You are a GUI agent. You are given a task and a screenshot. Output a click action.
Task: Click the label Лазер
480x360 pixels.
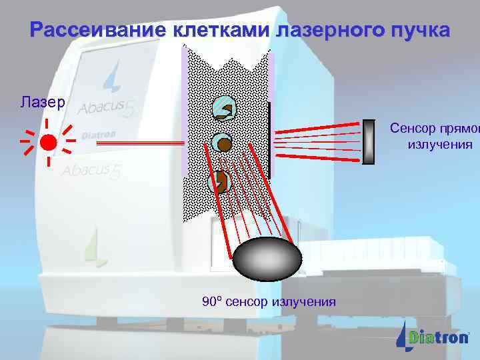42,102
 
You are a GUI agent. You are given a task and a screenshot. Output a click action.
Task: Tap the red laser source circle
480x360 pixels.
48,142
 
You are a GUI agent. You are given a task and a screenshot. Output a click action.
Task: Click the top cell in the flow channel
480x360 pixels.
222,110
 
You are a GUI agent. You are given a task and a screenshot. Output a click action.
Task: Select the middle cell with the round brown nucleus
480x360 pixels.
222,143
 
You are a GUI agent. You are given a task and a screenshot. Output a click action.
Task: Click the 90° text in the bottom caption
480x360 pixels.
211,301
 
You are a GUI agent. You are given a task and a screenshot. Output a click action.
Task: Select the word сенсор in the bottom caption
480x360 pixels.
246,302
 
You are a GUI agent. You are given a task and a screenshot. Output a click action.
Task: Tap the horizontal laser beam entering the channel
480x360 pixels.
157,143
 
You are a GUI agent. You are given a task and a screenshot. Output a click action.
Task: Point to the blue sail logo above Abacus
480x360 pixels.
112,75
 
